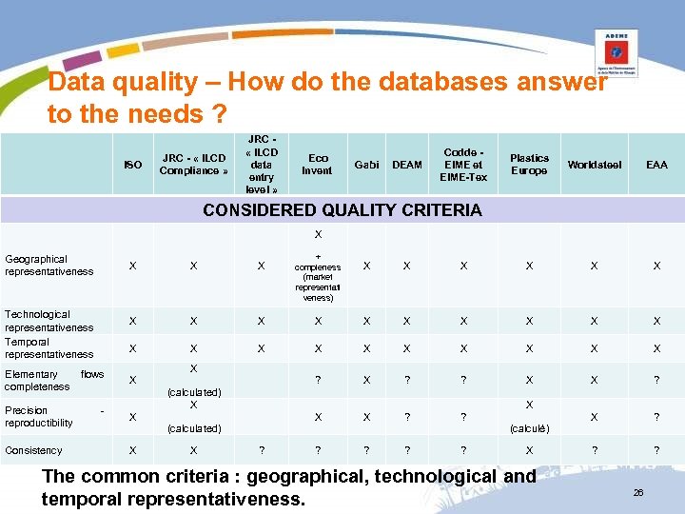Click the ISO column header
point(133,165)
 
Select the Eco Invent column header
point(318,165)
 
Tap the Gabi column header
point(366,165)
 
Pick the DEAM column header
point(407,165)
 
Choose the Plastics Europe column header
point(529,165)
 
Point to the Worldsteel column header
point(595,165)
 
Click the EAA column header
point(656,165)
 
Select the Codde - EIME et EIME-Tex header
point(464,165)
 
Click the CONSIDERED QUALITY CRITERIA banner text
point(342,210)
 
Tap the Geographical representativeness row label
point(49,265)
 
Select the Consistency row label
point(33,450)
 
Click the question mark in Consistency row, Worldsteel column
point(595,450)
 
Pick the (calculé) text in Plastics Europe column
point(529,428)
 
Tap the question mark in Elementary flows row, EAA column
point(656,380)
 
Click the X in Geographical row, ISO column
point(133,267)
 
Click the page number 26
point(639,492)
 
